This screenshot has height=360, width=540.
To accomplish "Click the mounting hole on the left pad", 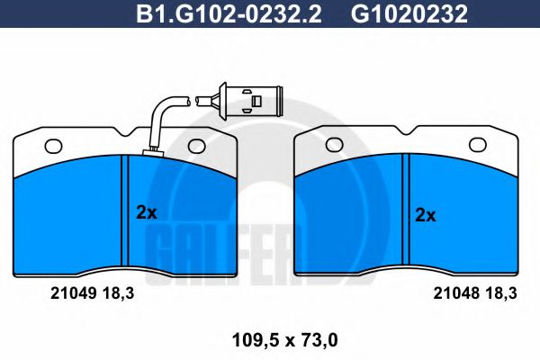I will pos(52,144).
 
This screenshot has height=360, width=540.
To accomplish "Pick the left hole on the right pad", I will pos(334,143).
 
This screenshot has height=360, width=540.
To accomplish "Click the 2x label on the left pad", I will pos(146,213).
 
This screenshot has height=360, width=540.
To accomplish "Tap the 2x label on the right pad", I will pos(425,215).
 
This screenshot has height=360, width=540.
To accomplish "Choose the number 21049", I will pos(65,292).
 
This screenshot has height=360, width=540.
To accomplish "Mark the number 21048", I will pos(454,292).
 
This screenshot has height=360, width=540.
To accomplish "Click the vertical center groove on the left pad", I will pos(125,214).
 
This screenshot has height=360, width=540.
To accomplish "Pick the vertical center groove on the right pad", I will pos(406,214).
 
